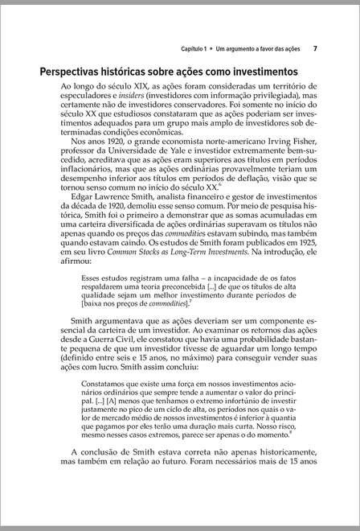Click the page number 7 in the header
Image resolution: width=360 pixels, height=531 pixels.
(x=315, y=47)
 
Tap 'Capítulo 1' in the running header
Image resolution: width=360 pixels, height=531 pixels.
(x=196, y=48)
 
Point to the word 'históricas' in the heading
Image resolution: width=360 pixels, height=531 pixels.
(x=150, y=72)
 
